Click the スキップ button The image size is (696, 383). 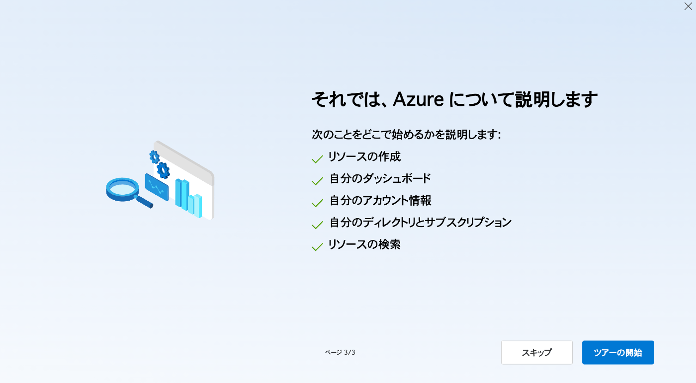click(x=536, y=352)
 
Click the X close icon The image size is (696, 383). click(x=688, y=6)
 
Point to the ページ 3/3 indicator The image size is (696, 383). click(x=340, y=352)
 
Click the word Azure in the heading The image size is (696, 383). click(x=418, y=99)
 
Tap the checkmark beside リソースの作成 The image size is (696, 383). click(x=317, y=159)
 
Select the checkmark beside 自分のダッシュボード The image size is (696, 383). click(x=317, y=181)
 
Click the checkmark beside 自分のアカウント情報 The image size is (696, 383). click(x=317, y=203)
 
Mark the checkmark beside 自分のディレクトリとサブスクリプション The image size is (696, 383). click(x=317, y=225)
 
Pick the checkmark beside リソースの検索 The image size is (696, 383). click(x=317, y=247)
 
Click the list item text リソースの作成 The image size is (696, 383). click(x=364, y=157)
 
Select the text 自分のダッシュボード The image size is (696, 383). click(x=380, y=178)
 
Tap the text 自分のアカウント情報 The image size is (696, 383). click(x=380, y=201)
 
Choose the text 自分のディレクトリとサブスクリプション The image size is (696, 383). click(x=421, y=223)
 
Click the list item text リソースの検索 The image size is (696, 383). click(x=364, y=244)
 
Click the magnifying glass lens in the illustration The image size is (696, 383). click(x=122, y=188)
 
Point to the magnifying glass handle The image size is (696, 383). click(x=144, y=202)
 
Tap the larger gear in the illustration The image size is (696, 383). click(x=163, y=170)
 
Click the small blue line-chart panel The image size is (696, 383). click(x=157, y=187)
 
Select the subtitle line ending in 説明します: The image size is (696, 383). click(x=407, y=135)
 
